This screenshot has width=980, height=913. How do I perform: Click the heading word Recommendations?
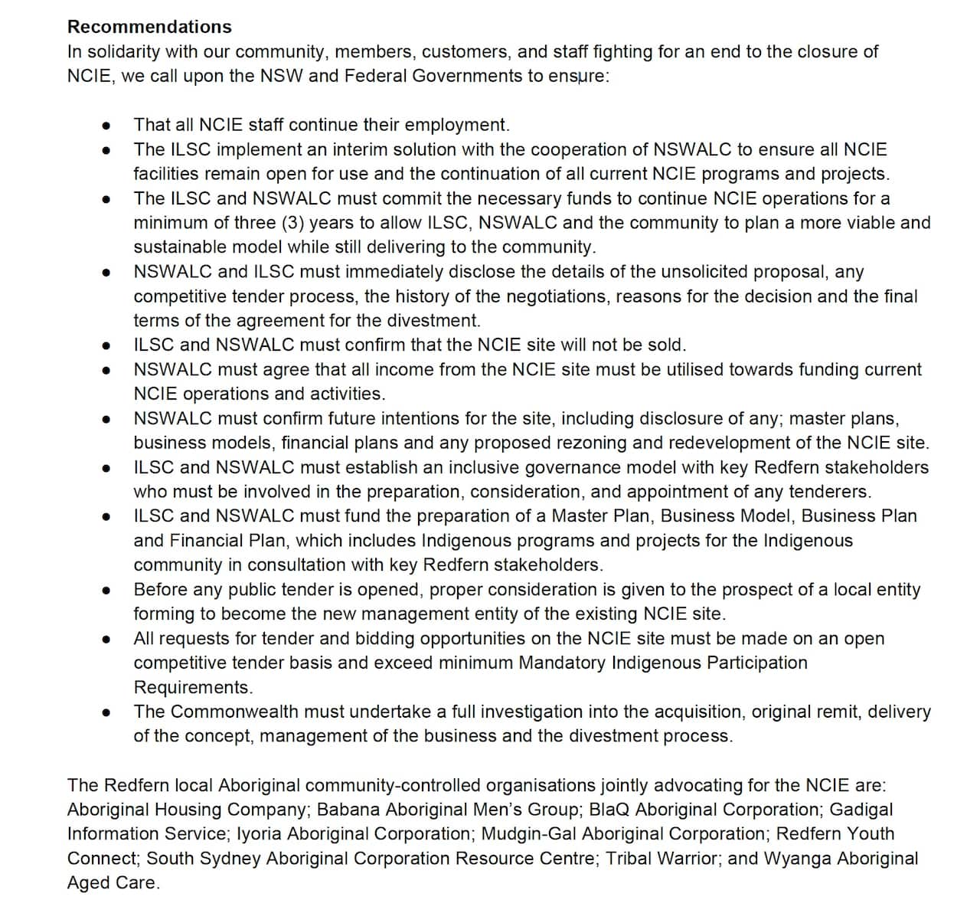pos(149,27)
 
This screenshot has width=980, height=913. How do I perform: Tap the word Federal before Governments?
pos(376,76)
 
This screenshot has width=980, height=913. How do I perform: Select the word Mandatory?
pos(563,663)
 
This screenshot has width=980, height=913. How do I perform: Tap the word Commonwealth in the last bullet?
pos(234,712)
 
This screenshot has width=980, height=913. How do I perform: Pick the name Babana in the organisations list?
pos(344,810)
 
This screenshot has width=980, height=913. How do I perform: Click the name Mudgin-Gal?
pos(524,834)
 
